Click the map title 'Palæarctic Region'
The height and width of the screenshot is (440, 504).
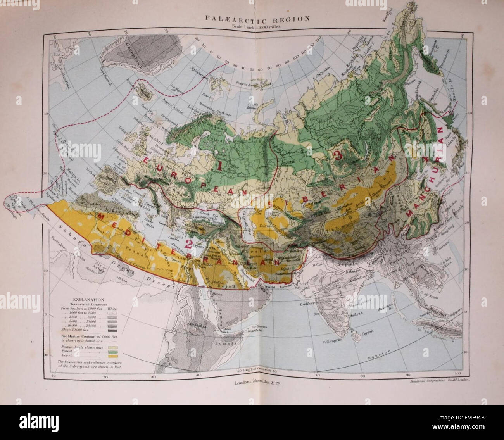click(253, 18)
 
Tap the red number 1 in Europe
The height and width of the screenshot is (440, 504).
click(219, 166)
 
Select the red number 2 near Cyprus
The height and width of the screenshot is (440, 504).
click(188, 244)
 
